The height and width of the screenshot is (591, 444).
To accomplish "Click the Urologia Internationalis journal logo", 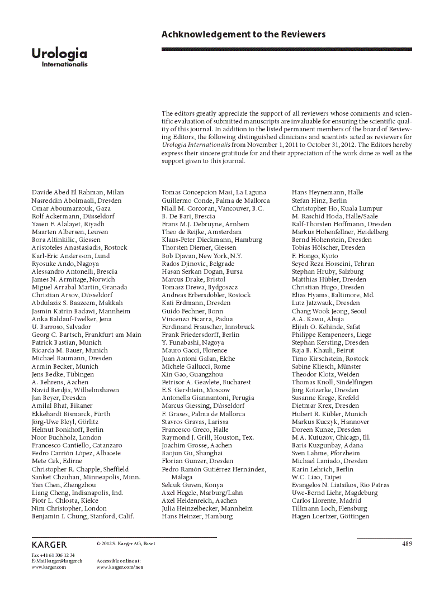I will [59, 57].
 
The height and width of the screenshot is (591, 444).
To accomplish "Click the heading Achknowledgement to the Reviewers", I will [243, 35].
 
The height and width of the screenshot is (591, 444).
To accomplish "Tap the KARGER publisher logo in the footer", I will [49, 544].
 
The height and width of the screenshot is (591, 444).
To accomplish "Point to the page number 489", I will [407, 544].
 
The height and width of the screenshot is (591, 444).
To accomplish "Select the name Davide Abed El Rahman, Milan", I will [78, 192].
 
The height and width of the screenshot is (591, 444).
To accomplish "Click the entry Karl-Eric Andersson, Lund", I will [70, 255].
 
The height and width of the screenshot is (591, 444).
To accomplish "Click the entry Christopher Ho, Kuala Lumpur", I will [337, 208].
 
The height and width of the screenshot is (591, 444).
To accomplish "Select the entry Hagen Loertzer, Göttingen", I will [330, 516].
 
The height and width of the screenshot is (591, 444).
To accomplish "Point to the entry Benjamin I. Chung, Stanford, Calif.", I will [83, 516].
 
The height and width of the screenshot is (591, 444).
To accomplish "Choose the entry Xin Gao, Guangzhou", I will [192, 374].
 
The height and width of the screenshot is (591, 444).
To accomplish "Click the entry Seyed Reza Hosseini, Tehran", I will [333, 263].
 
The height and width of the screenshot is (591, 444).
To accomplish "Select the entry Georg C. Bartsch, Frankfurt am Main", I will [86, 335].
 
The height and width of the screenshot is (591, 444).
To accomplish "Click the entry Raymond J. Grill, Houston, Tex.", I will [207, 437].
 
